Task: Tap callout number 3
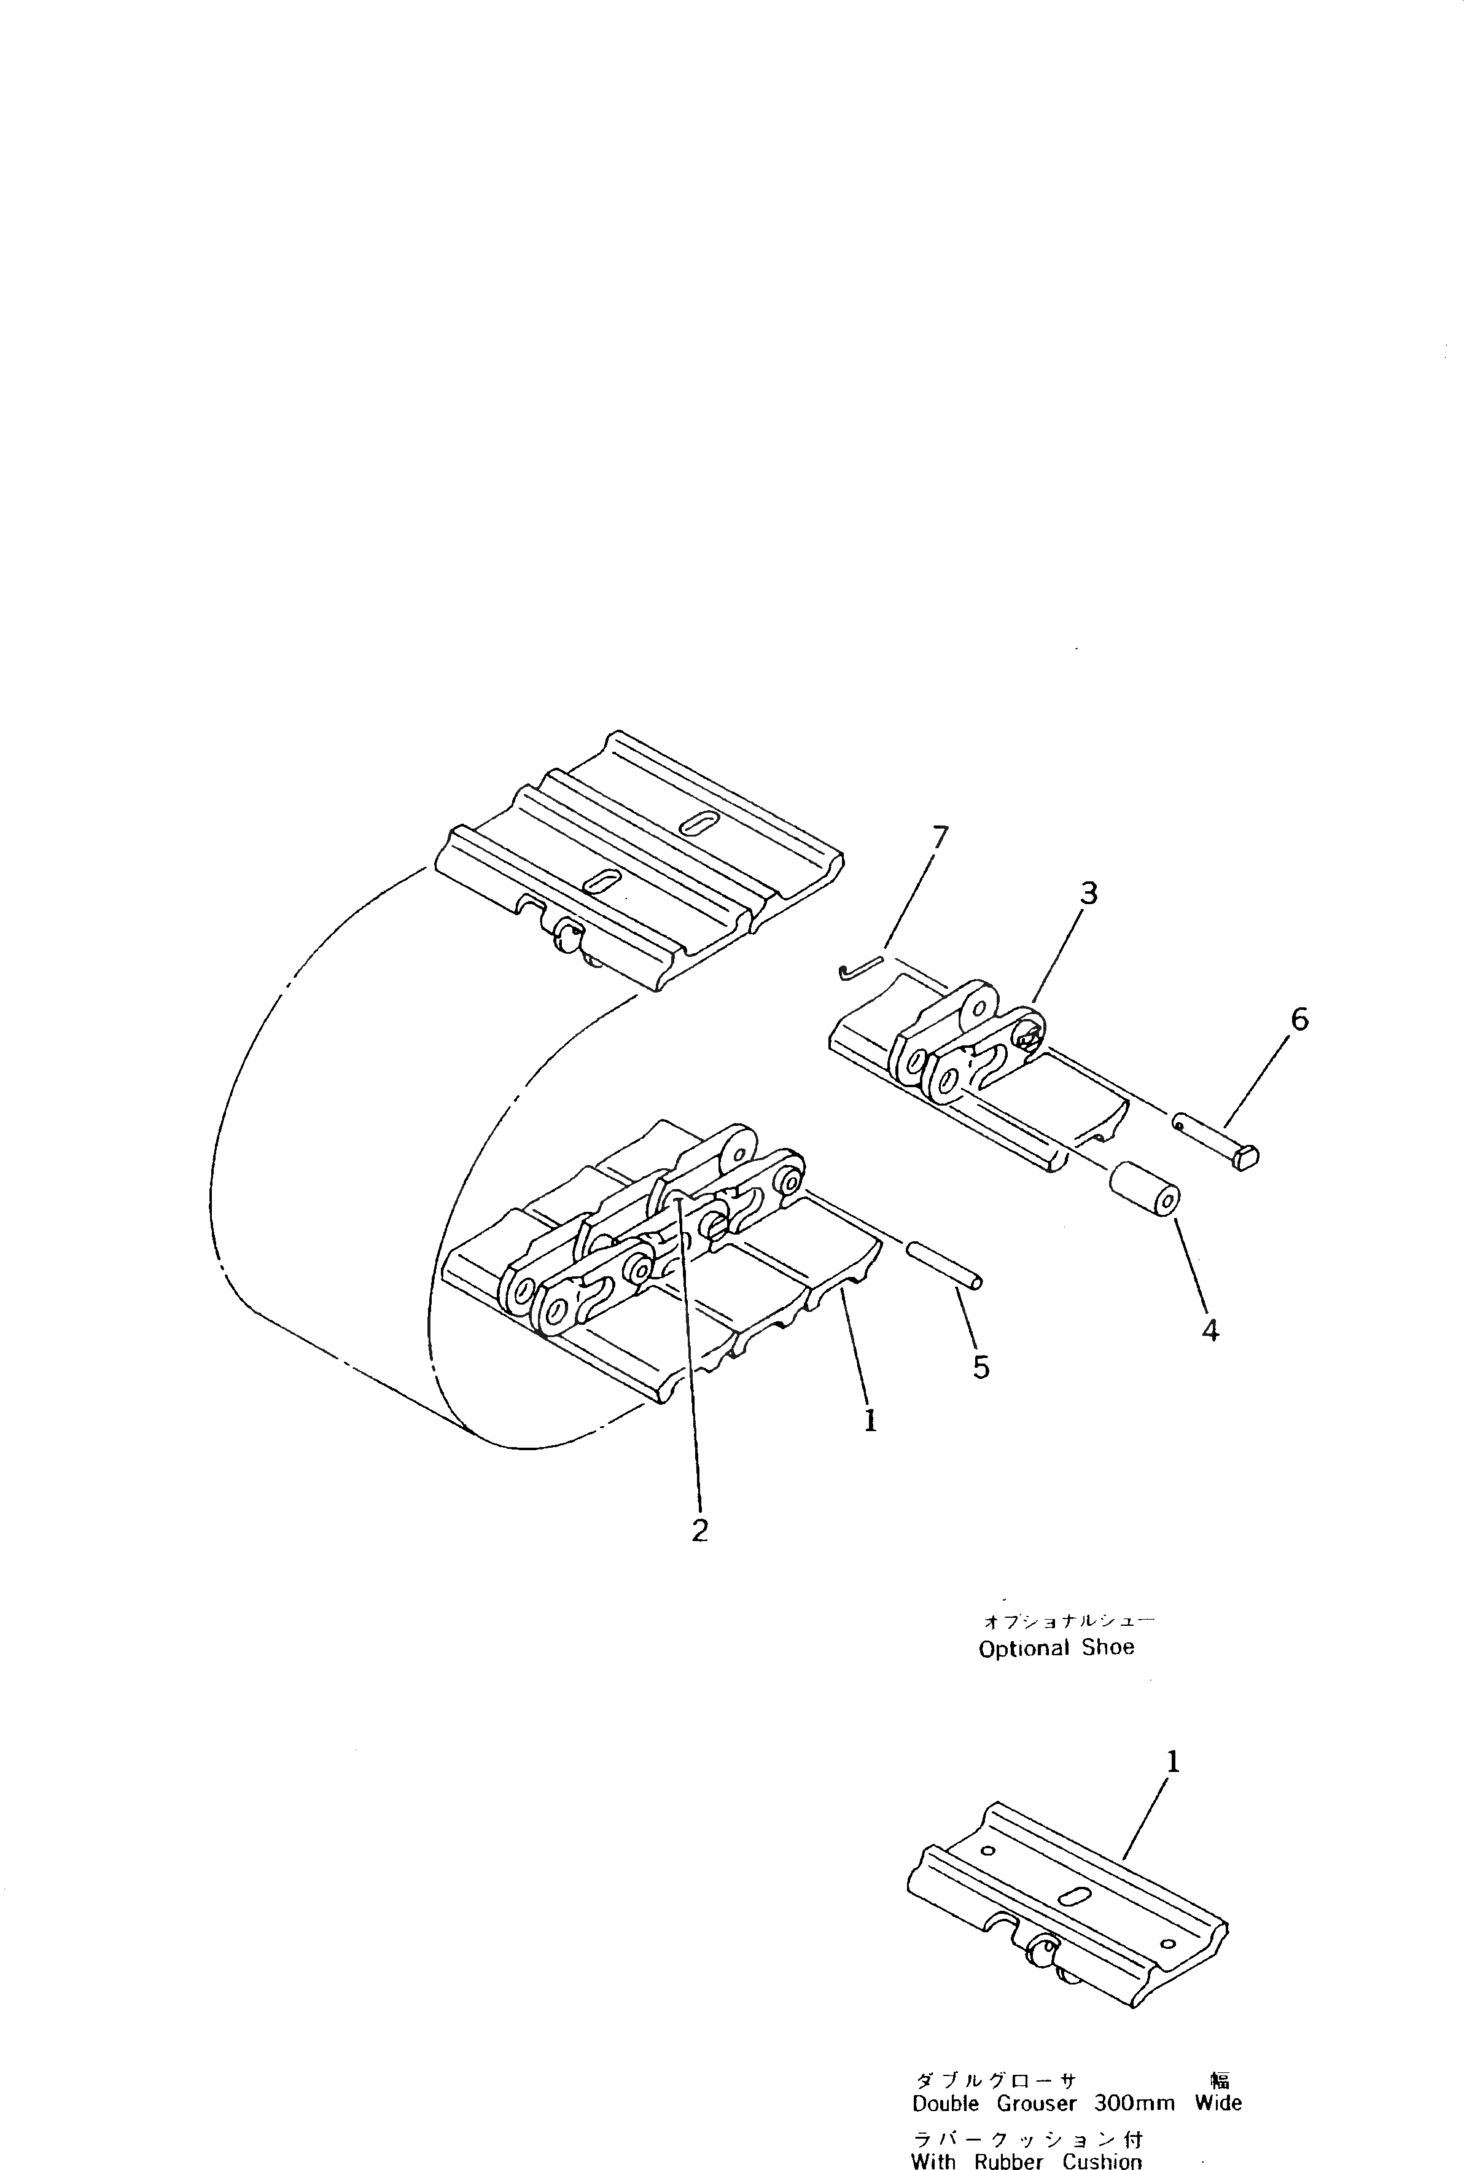click(1089, 894)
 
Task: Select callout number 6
click(1299, 1019)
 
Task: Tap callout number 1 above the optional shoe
click(1173, 1762)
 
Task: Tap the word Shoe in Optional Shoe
click(1108, 1648)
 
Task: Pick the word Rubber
click(1008, 2161)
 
